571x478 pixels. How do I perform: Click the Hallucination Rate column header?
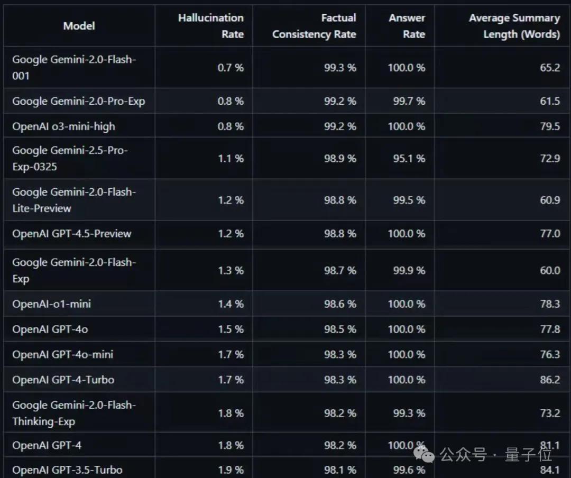(210, 26)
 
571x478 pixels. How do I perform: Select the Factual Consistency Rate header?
(314, 26)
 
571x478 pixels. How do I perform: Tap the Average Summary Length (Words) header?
(514, 26)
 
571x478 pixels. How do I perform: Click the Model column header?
(79, 25)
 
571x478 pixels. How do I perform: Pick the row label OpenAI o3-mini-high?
(63, 126)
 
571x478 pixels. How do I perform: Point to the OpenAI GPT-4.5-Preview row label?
(71, 234)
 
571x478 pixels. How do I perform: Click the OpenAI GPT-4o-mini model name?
(62, 354)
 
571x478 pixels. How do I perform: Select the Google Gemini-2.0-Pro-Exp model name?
(78, 101)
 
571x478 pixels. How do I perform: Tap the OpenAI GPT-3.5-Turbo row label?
(67, 470)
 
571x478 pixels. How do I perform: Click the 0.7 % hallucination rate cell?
(231, 68)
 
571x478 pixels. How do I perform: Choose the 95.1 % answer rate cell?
(409, 159)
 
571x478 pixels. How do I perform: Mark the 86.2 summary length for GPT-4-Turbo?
(550, 380)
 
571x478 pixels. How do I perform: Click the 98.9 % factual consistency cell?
(340, 159)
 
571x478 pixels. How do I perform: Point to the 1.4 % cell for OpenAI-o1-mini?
(231, 304)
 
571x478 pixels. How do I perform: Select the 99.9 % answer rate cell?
(409, 271)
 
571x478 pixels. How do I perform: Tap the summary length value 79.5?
(550, 126)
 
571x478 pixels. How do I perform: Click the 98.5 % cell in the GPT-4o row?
(340, 329)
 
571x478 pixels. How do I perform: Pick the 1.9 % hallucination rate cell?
(231, 470)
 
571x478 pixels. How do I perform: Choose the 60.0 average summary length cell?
(550, 271)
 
